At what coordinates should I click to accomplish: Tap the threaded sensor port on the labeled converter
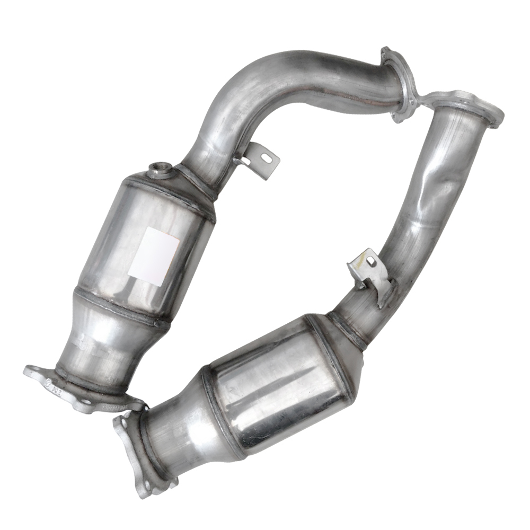[x=158, y=170]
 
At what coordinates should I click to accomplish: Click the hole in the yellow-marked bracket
[x=372, y=261]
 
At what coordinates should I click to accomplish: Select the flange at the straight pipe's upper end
[x=466, y=106]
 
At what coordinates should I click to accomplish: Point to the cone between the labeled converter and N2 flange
[x=101, y=339]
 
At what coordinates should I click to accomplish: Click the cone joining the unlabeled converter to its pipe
[x=339, y=339]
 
